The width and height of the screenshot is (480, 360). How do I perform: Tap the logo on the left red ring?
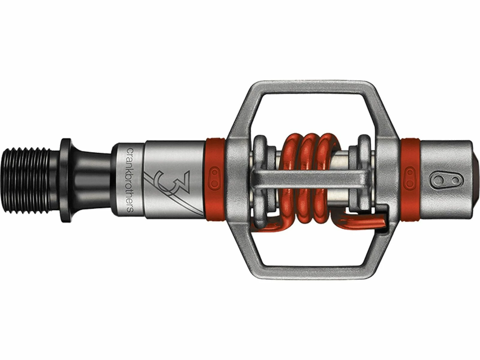(x=215, y=177)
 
